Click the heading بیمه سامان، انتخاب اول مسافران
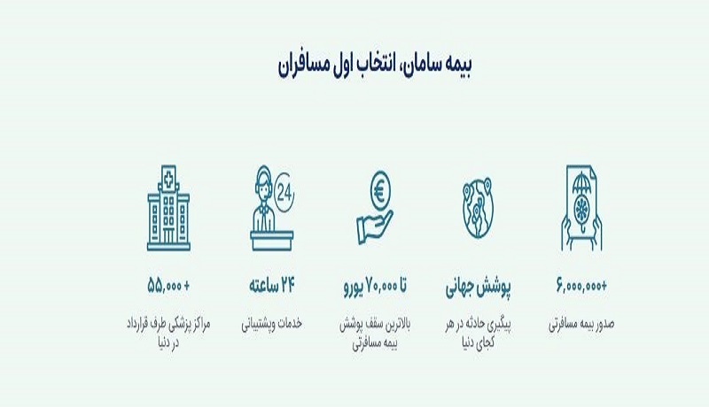[375, 65]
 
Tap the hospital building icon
[168, 208]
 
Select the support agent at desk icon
[267, 208]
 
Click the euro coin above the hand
[380, 190]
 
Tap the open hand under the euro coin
[374, 228]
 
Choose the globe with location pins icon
[478, 208]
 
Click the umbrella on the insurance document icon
[582, 183]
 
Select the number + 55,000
[168, 286]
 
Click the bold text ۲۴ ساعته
[272, 286]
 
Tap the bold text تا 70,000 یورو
[375, 286]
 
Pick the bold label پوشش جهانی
[479, 287]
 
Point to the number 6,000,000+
[581, 286]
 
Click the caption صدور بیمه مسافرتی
[581, 325]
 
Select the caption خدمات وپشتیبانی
[272, 324]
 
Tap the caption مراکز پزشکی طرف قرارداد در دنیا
[168, 334]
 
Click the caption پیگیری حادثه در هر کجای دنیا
[479, 334]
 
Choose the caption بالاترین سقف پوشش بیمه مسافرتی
[375, 334]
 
